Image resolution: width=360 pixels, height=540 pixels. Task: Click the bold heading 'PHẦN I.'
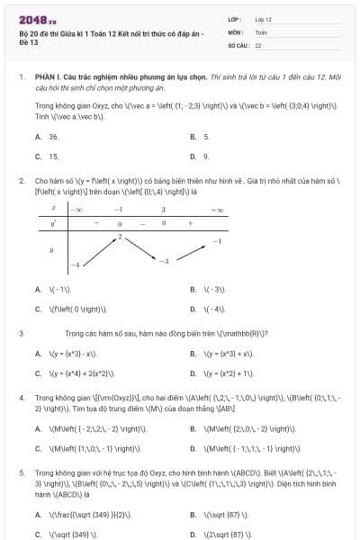pos(49,78)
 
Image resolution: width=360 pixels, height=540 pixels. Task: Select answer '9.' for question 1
pos(206,156)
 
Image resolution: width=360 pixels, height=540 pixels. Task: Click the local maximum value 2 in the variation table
pos(120,237)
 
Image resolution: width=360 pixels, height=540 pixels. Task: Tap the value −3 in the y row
pos(164,260)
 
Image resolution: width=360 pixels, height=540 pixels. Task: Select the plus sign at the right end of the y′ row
pos(190,222)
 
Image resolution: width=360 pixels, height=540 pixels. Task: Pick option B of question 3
pos(225,354)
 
